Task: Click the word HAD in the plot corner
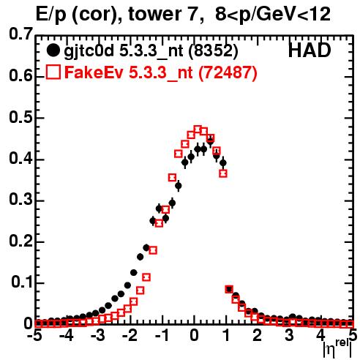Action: [310, 50]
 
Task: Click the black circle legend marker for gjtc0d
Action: [53, 50]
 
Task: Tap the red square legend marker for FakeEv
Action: [53, 72]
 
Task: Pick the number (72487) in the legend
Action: [228, 72]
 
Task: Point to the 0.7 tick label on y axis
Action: [20, 34]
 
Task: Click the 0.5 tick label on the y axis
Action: [20, 117]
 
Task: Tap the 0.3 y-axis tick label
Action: [20, 200]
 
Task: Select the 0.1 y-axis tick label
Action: [21, 282]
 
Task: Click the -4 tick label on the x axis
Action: [67, 335]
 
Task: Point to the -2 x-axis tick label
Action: [130, 335]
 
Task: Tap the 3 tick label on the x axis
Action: [289, 335]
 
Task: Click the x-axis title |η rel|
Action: [337, 348]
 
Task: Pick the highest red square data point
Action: [198, 130]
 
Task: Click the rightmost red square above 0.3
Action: [223, 173]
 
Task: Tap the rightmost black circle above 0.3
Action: [223, 162]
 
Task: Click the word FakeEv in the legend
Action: [94, 72]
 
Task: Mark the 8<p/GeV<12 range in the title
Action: [273, 15]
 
